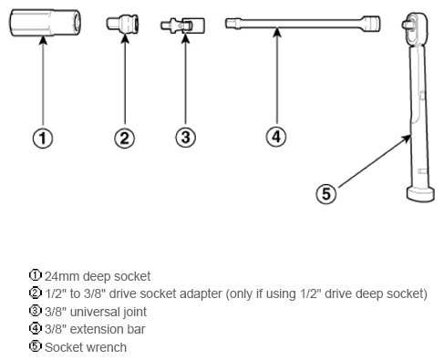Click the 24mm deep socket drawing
point(45,23)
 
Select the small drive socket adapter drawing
point(122,24)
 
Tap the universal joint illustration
point(182,26)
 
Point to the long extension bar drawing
point(303,24)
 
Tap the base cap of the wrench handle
point(420,195)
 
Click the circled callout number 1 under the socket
point(43,139)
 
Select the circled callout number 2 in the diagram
point(125,139)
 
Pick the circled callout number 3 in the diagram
point(185,138)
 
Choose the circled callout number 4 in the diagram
point(276,137)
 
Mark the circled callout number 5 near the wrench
point(326,194)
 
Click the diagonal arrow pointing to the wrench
point(375,161)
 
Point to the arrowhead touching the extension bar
point(277,33)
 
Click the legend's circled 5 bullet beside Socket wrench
point(36,346)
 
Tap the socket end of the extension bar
point(371,23)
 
